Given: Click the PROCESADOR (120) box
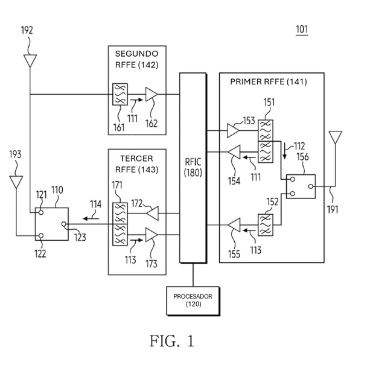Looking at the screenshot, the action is coord(193,300).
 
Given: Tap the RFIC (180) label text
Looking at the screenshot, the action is coord(193,167).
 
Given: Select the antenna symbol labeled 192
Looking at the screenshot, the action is coord(30,61).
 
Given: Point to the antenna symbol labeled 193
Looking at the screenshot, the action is coord(16,182).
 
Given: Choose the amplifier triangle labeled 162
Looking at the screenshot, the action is coord(152,94).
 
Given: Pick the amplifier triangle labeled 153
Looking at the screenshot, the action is coord(233,130).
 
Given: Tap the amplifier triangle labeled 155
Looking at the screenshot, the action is coord(234,225).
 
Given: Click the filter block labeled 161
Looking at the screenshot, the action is coord(120,94).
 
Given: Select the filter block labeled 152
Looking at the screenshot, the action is coord(266,225).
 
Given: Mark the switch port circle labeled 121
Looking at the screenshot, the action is coord(41,212).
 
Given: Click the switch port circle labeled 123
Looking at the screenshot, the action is coord(64,224).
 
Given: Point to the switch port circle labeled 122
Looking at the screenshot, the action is coord(41,236).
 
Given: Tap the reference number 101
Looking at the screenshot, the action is coord(302,30).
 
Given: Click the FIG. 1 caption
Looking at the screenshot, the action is coord(172,341).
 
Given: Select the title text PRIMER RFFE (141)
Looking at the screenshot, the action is coord(269,82).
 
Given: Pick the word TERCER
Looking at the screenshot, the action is coord(136,159).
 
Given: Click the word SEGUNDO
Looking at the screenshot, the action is coord(136,54).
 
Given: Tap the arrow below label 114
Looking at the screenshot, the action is coord(91,218).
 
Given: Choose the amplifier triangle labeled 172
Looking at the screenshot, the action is coord(153,214).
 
